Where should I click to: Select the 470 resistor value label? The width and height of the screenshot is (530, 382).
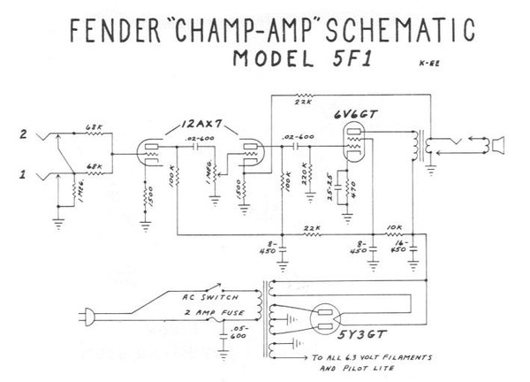pos(352,187)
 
